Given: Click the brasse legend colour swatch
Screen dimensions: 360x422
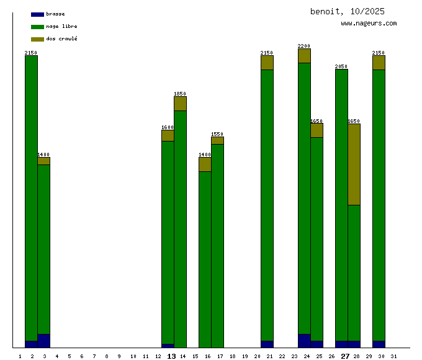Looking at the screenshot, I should point(37,14).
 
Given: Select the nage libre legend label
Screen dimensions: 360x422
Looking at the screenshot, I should point(61,26).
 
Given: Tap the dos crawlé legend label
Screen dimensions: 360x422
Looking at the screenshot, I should point(61,38).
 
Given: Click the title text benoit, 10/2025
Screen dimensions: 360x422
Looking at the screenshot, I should point(348,11).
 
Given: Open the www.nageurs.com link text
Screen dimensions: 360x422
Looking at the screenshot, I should point(369,23).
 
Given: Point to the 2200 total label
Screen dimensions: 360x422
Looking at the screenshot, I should point(304,46).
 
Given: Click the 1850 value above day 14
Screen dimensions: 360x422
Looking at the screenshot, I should point(180,94).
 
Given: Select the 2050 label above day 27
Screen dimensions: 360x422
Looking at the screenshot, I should point(341,66).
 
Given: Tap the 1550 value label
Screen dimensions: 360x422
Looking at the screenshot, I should point(217,134).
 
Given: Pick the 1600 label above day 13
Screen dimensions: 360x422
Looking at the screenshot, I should point(168,127).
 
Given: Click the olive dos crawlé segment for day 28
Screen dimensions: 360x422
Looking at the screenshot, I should point(354,164).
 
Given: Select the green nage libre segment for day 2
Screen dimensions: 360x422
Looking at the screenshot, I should point(31,199).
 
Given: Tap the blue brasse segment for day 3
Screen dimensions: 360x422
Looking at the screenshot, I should point(43,341).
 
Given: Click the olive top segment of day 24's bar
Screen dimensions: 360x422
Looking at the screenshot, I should point(304,56).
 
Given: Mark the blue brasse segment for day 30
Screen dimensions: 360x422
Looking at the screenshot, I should point(379,344).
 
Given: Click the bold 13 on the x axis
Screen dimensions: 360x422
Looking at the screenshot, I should point(171,356).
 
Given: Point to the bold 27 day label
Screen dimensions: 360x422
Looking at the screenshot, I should point(345,356).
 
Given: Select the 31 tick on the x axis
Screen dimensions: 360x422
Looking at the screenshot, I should point(393,356).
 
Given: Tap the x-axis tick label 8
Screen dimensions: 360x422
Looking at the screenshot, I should point(107,356).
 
